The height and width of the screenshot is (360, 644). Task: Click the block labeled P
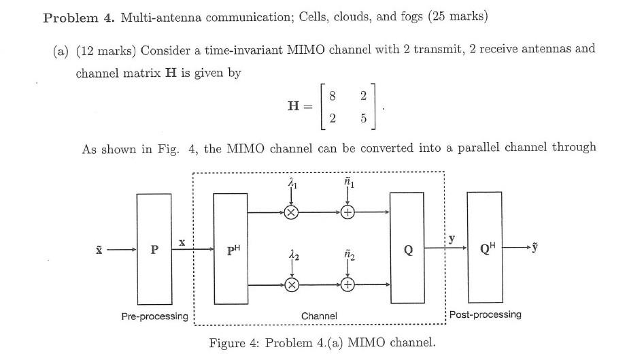(x=154, y=249)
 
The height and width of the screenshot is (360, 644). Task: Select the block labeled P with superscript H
(x=231, y=249)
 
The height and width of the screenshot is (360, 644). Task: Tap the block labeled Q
(x=408, y=249)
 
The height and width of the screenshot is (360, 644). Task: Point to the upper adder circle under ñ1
(x=348, y=212)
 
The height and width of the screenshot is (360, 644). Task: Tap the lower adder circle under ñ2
(x=348, y=285)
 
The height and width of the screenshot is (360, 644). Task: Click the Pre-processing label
(x=154, y=316)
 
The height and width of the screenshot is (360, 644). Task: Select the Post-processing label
(x=486, y=314)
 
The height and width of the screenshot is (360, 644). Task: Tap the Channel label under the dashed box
(x=319, y=316)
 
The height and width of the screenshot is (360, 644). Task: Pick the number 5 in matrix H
(x=364, y=118)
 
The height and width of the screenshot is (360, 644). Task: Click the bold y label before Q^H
(x=452, y=239)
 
